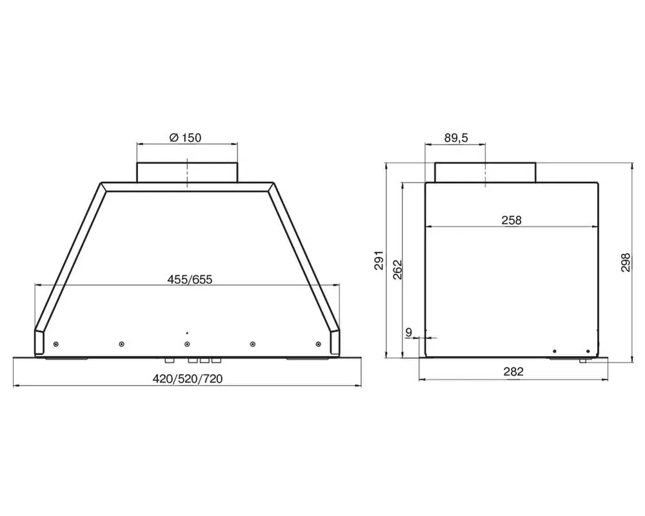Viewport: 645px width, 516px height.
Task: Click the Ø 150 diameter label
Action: (x=185, y=137)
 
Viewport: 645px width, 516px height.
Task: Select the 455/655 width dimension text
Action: (x=190, y=280)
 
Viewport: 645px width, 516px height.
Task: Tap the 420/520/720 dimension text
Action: (x=188, y=379)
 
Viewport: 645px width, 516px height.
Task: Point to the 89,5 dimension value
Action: (x=456, y=138)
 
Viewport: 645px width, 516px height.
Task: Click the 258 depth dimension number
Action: (x=511, y=221)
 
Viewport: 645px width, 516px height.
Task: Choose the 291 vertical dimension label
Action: (x=379, y=260)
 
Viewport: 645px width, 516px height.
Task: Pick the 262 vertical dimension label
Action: (x=397, y=270)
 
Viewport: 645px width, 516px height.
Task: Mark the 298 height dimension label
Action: (x=626, y=262)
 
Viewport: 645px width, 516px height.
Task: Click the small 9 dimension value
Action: (x=408, y=332)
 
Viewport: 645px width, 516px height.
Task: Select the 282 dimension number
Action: (x=513, y=372)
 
